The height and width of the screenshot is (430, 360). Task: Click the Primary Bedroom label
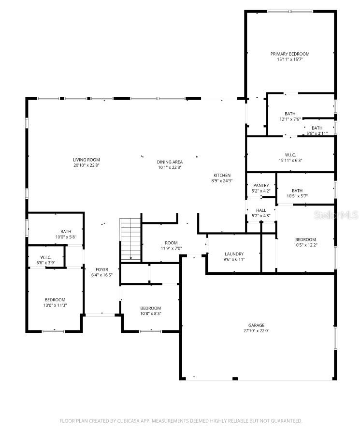click(x=290, y=54)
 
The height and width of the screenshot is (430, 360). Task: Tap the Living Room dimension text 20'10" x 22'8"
click(x=86, y=165)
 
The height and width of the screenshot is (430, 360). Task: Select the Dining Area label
click(x=169, y=162)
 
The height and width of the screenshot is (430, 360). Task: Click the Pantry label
click(x=261, y=185)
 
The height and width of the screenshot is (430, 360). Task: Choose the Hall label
click(x=261, y=210)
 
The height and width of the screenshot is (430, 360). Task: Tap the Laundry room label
click(x=234, y=254)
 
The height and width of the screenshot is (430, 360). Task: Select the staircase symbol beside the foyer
click(x=130, y=240)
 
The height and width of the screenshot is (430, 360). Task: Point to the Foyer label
click(x=102, y=269)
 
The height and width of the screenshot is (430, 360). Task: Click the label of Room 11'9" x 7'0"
click(x=158, y=243)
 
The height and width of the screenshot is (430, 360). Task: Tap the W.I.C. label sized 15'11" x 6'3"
click(x=290, y=155)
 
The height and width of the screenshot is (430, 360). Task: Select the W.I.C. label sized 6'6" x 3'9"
click(x=46, y=257)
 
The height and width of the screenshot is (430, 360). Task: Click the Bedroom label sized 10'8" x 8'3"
click(x=150, y=308)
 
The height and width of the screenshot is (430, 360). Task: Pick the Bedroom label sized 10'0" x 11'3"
click(x=55, y=300)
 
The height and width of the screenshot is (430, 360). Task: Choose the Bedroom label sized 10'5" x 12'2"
click(x=305, y=239)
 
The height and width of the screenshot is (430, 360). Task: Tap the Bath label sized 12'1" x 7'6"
click(x=290, y=114)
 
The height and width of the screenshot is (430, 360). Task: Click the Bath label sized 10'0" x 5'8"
click(x=66, y=231)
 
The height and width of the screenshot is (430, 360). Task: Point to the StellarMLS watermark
click(x=336, y=214)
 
